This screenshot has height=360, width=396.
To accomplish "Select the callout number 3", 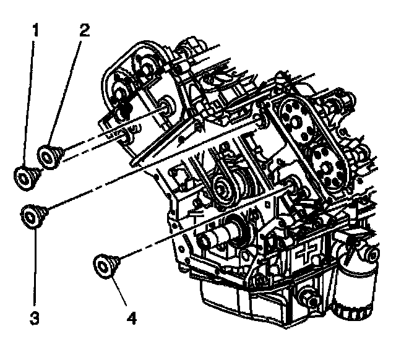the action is point(35,319).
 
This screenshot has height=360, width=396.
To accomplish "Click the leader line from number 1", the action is point(31,99).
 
